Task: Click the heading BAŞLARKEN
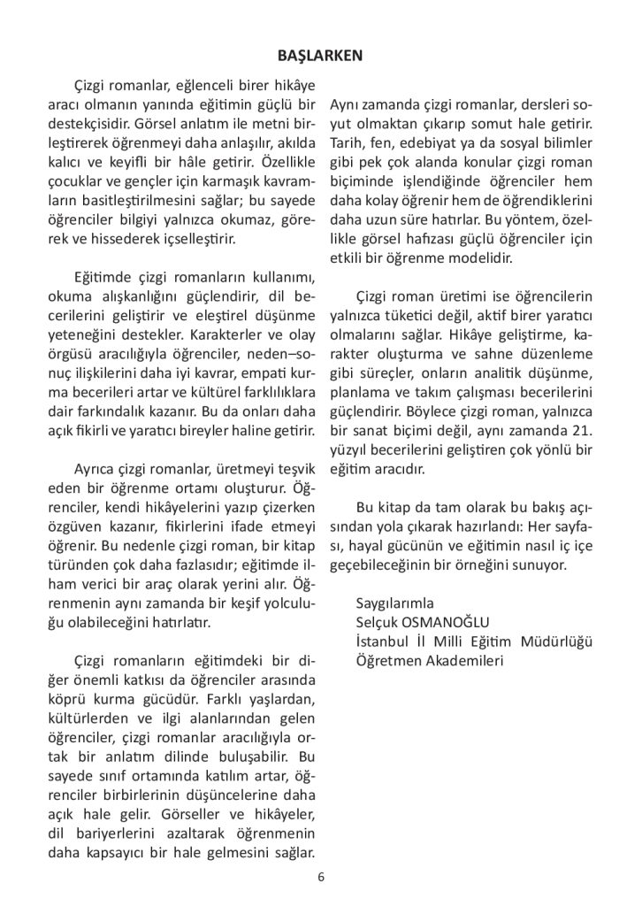[320, 55]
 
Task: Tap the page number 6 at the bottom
[321, 878]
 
